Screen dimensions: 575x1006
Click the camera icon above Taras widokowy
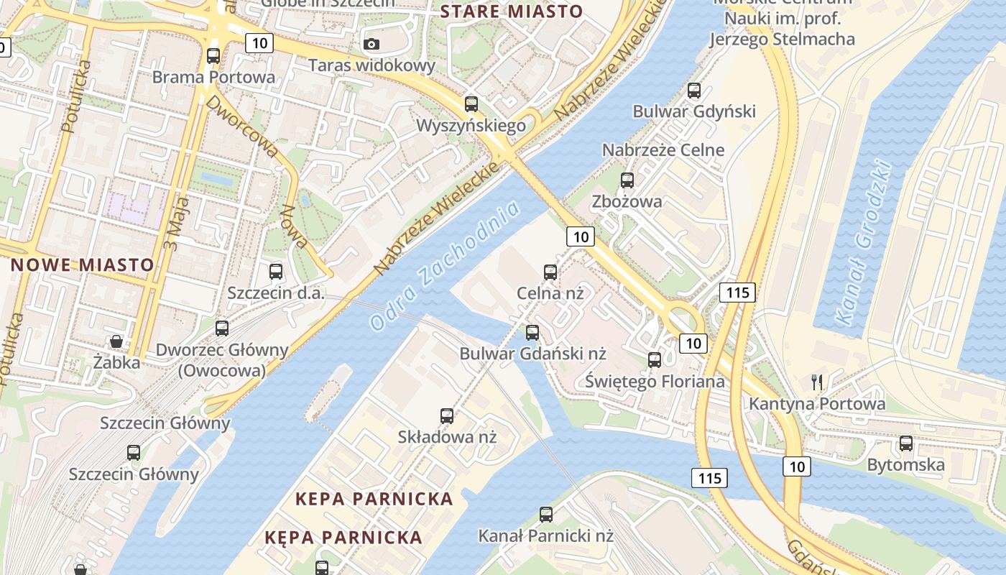372,44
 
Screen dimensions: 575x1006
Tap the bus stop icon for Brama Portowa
213,55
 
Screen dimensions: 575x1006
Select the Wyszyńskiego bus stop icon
471,103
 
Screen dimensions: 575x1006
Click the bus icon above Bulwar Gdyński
694,91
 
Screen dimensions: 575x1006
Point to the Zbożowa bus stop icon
627,180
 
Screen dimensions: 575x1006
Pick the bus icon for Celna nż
550,272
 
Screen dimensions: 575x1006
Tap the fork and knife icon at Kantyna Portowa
817,382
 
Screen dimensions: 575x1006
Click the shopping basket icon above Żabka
116,341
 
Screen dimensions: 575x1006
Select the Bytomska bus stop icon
906,443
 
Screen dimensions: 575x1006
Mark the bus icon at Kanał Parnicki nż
546,514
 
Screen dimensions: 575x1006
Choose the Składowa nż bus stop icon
447,415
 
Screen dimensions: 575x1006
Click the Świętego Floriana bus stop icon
655,359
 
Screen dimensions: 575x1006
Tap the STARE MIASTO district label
511,11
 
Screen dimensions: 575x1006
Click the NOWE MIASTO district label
82,264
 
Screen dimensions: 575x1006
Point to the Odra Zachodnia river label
445,266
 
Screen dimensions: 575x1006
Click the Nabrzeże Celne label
663,150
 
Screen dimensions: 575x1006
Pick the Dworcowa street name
241,126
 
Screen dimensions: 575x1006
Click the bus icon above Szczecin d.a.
276,271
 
